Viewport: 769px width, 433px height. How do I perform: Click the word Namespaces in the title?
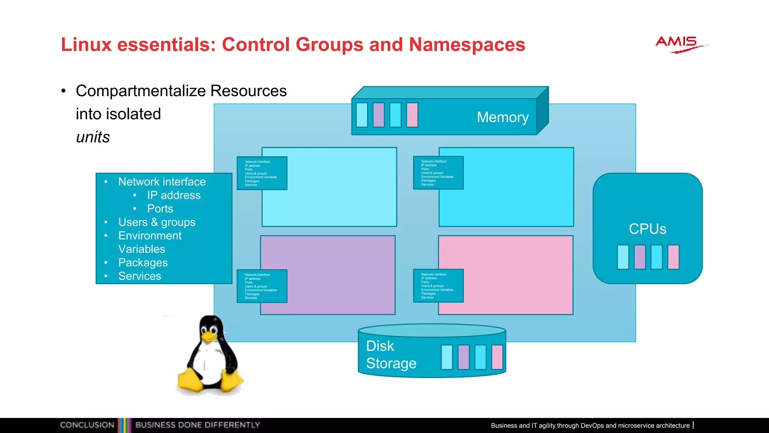pos(467,45)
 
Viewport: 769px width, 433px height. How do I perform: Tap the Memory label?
pos(502,117)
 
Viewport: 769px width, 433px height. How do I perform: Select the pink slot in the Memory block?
pos(412,115)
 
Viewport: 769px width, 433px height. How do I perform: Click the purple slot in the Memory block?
pos(378,115)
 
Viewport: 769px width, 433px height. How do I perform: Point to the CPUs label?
pos(647,229)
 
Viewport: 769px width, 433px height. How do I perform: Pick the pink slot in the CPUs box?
pos(673,257)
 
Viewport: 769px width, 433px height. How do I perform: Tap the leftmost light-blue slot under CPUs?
pos(623,257)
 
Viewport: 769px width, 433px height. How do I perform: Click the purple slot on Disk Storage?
pos(464,357)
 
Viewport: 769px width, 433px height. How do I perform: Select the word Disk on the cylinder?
pos(380,346)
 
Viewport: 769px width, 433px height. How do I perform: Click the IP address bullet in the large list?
pos(173,195)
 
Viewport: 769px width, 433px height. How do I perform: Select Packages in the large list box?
pos(143,263)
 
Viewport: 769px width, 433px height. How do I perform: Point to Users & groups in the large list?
pos(157,222)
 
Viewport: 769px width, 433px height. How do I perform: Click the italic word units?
pos(93,137)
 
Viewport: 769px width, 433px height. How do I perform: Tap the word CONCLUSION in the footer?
pos(87,425)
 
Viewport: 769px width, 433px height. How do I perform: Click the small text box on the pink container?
pos(438,286)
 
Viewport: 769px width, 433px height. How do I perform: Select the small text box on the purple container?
pos(262,286)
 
